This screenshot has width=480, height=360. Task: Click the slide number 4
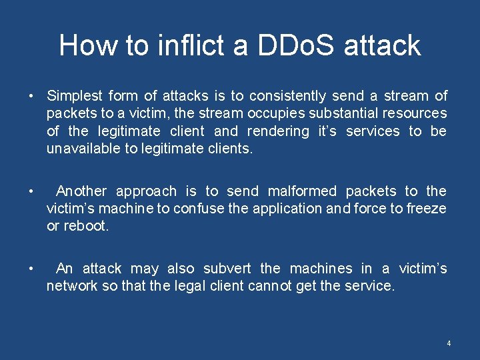(x=449, y=343)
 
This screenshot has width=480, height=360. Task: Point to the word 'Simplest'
(x=74, y=96)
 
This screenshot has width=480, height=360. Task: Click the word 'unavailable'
(x=83, y=148)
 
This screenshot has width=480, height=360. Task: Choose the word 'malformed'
(x=301, y=191)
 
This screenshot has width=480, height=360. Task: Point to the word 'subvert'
(x=227, y=269)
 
